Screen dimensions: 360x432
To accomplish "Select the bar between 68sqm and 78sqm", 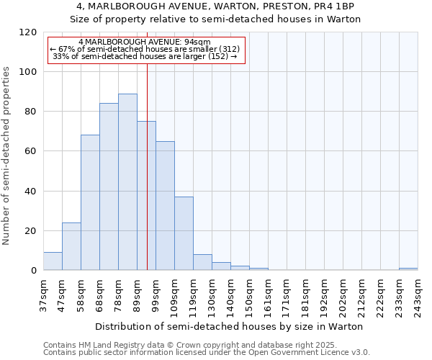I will point(109,187).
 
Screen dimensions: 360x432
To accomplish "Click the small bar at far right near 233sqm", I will point(408,269).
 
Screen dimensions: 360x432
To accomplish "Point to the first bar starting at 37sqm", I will point(53,261).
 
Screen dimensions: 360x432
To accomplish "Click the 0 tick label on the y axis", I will point(33,271).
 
